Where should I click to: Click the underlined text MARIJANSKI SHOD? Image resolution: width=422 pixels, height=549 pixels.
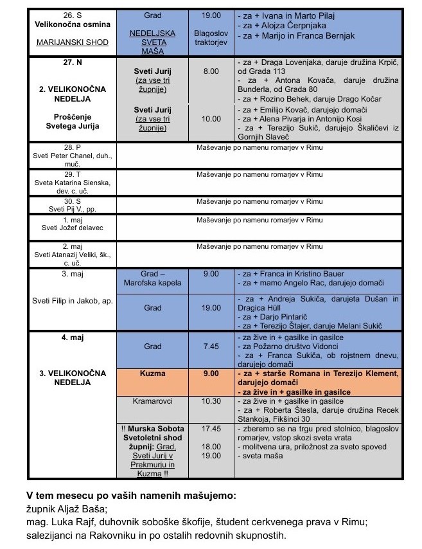pyautogui.click(x=73, y=44)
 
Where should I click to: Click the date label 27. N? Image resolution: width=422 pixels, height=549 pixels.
pyautogui.click(x=72, y=65)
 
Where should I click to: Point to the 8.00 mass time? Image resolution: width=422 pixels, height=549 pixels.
pyautogui.click(x=211, y=71)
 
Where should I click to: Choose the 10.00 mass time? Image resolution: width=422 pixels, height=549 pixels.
pyautogui.click(x=211, y=119)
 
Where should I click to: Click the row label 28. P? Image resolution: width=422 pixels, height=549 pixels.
pyautogui.click(x=72, y=147)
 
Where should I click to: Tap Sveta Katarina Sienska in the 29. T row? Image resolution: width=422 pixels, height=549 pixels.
pyautogui.click(x=72, y=183)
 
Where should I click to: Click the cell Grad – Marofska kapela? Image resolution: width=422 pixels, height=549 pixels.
pyautogui.click(x=153, y=278)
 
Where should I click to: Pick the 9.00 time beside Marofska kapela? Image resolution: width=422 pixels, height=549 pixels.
pyautogui.click(x=211, y=273)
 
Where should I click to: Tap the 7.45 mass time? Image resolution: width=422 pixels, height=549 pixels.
pyautogui.click(x=211, y=346)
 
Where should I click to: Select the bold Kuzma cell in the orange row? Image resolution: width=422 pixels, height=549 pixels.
pyautogui.click(x=153, y=373)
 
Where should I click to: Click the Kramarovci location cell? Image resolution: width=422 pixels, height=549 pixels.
pyautogui.click(x=153, y=401)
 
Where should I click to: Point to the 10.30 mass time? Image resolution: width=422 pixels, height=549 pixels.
pyautogui.click(x=211, y=401)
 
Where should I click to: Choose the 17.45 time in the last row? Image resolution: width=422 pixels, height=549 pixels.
pyautogui.click(x=211, y=428)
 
